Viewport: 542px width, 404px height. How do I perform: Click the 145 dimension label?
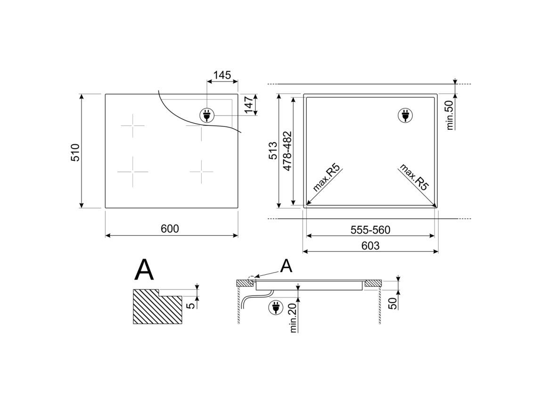(222, 74)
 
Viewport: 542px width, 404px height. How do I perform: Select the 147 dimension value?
(248, 104)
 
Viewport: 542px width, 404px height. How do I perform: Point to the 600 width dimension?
(170, 229)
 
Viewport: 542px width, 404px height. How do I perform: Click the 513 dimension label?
(273, 150)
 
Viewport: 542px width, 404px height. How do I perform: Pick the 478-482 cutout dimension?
(287, 151)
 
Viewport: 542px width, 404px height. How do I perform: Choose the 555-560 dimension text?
(370, 230)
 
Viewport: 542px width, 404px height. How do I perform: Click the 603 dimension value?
(370, 246)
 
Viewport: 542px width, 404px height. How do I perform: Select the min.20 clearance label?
(294, 317)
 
